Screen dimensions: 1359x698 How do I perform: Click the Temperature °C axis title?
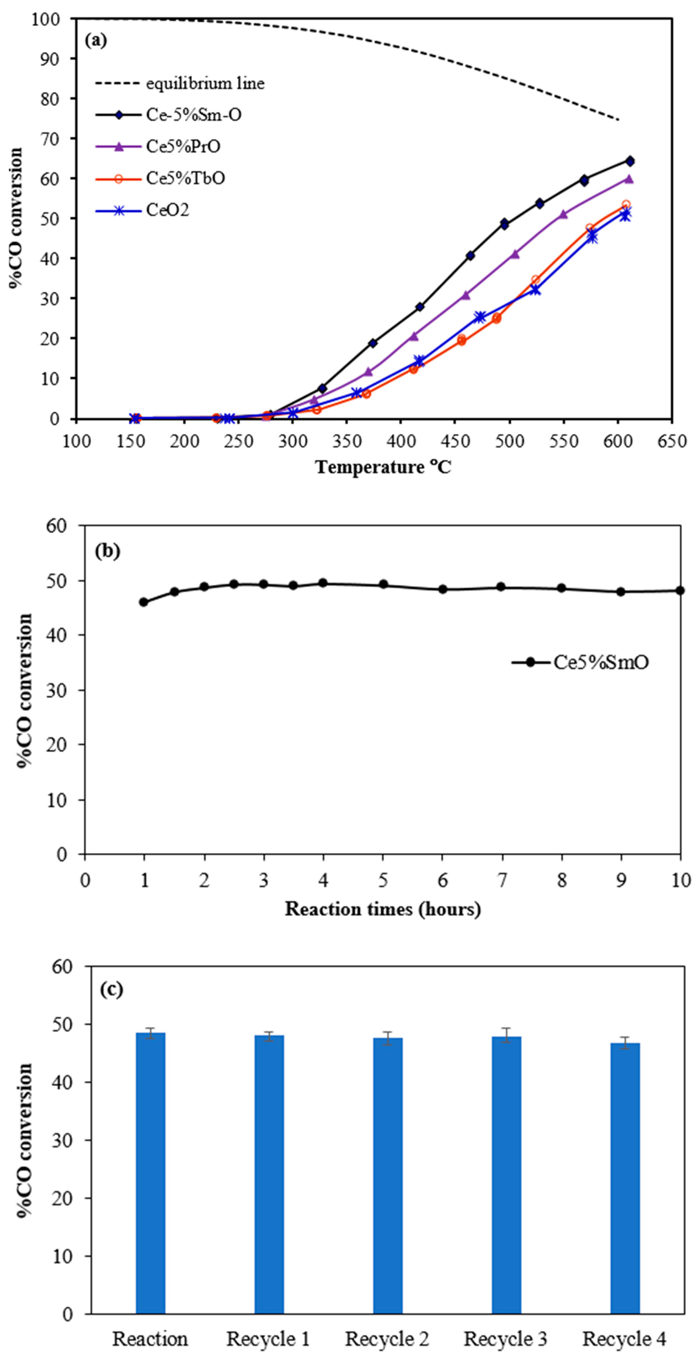(383, 467)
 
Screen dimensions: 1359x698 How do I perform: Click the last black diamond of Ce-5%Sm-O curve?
(629, 161)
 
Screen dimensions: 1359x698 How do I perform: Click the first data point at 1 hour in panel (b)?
(143, 602)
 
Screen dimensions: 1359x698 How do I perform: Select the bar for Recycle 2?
(387, 1176)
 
